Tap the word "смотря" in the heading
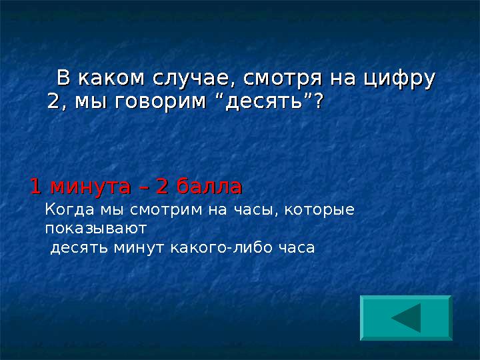click(x=283, y=79)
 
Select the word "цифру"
click(x=399, y=79)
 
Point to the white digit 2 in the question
click(x=53, y=101)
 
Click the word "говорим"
click(x=161, y=101)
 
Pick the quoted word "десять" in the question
click(x=263, y=101)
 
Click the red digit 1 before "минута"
click(x=36, y=186)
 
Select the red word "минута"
click(x=91, y=187)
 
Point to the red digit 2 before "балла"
click(x=162, y=186)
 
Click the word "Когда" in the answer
click(x=69, y=210)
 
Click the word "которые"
click(x=319, y=211)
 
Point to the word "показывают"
click(x=96, y=229)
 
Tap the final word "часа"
click(x=297, y=248)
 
